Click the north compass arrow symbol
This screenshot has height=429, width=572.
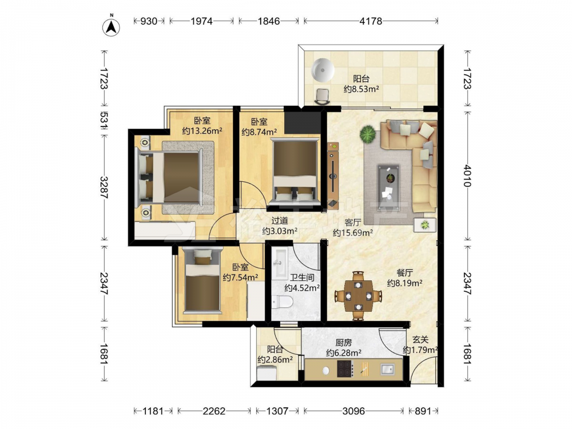click(x=112, y=26)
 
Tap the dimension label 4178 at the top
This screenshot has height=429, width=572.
click(x=371, y=21)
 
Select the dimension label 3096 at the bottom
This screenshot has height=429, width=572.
click(x=353, y=411)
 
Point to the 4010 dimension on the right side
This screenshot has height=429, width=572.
click(x=467, y=176)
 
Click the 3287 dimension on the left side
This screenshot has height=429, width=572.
click(x=104, y=188)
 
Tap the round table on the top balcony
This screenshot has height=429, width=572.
click(x=323, y=70)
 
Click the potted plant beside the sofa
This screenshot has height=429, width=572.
click(x=368, y=134)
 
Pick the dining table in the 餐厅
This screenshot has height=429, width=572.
click(x=358, y=296)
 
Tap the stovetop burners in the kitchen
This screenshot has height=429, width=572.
click(x=345, y=368)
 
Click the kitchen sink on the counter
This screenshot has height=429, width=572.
click(x=387, y=369)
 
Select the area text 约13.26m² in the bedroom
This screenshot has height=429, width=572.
click(x=202, y=130)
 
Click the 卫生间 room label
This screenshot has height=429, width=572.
click(x=302, y=277)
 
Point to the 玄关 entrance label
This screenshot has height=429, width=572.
click(x=420, y=340)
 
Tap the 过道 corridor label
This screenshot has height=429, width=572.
click(x=280, y=221)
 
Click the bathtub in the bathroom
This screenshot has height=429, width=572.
click(x=280, y=263)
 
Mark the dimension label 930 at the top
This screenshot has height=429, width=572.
click(x=149, y=21)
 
